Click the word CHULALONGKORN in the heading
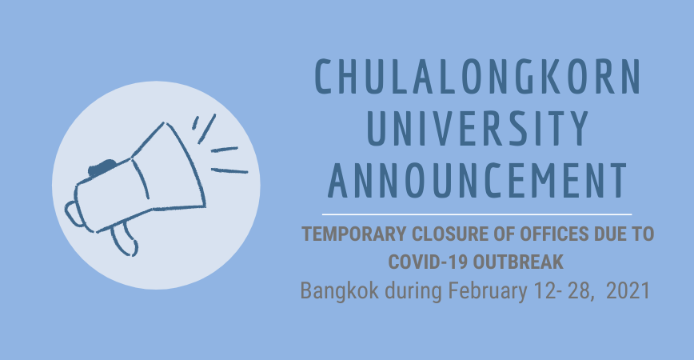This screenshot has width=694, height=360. [477, 76]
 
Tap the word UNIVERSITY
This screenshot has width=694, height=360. [478, 129]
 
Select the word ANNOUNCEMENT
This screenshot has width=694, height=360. [477, 181]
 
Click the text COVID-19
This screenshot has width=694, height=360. [427, 262]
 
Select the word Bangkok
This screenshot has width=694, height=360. [340, 291]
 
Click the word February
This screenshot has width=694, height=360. [488, 292]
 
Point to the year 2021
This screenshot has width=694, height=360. [628, 291]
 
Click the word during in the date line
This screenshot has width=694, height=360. [413, 292]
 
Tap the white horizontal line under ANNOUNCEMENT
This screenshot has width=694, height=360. [477, 214]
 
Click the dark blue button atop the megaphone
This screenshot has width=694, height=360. [102, 167]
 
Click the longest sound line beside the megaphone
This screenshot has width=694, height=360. [229, 170]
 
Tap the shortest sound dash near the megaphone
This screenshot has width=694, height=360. [195, 122]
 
